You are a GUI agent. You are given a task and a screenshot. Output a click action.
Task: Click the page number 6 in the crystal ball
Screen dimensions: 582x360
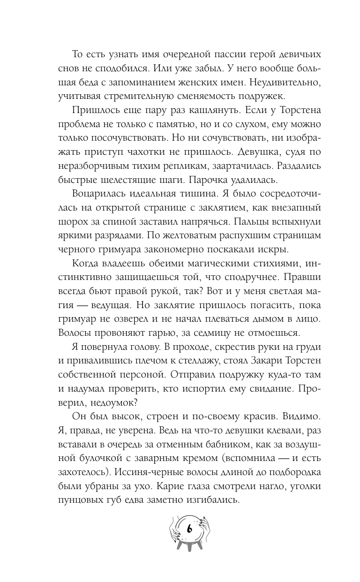pyautogui.click(x=188, y=529)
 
